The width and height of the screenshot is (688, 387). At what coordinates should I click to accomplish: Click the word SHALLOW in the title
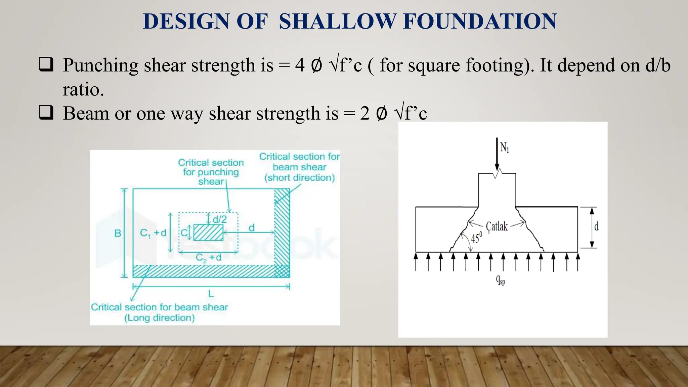click(338, 21)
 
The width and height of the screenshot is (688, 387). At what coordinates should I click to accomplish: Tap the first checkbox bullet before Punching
click(46, 64)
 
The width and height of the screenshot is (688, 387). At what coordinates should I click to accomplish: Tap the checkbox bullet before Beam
click(46, 113)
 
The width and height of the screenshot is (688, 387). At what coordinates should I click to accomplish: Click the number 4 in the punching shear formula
click(300, 65)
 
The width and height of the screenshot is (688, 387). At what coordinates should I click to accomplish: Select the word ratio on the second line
click(83, 90)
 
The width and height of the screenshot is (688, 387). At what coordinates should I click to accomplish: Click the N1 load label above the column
click(505, 147)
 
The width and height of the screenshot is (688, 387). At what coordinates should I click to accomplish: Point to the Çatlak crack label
click(497, 226)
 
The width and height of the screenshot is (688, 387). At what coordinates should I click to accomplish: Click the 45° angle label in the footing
click(476, 238)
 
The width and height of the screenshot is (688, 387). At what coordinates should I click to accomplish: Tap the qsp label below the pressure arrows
click(500, 280)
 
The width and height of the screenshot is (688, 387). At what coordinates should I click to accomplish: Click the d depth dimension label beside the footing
click(596, 227)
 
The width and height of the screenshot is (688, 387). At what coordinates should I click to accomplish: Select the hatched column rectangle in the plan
click(208, 232)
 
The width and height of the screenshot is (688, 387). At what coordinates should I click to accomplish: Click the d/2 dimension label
click(220, 219)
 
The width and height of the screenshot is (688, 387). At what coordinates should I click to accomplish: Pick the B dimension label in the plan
click(118, 233)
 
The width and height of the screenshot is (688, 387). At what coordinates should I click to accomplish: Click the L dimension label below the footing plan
click(211, 294)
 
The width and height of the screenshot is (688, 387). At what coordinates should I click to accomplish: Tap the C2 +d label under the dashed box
click(209, 258)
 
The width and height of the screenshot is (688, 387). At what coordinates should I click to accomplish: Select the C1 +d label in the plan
click(153, 233)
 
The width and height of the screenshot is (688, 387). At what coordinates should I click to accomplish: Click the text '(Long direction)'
click(160, 318)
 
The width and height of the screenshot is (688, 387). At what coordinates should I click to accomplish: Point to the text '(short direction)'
click(299, 178)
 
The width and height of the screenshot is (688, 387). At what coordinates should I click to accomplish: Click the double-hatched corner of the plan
click(282, 271)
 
